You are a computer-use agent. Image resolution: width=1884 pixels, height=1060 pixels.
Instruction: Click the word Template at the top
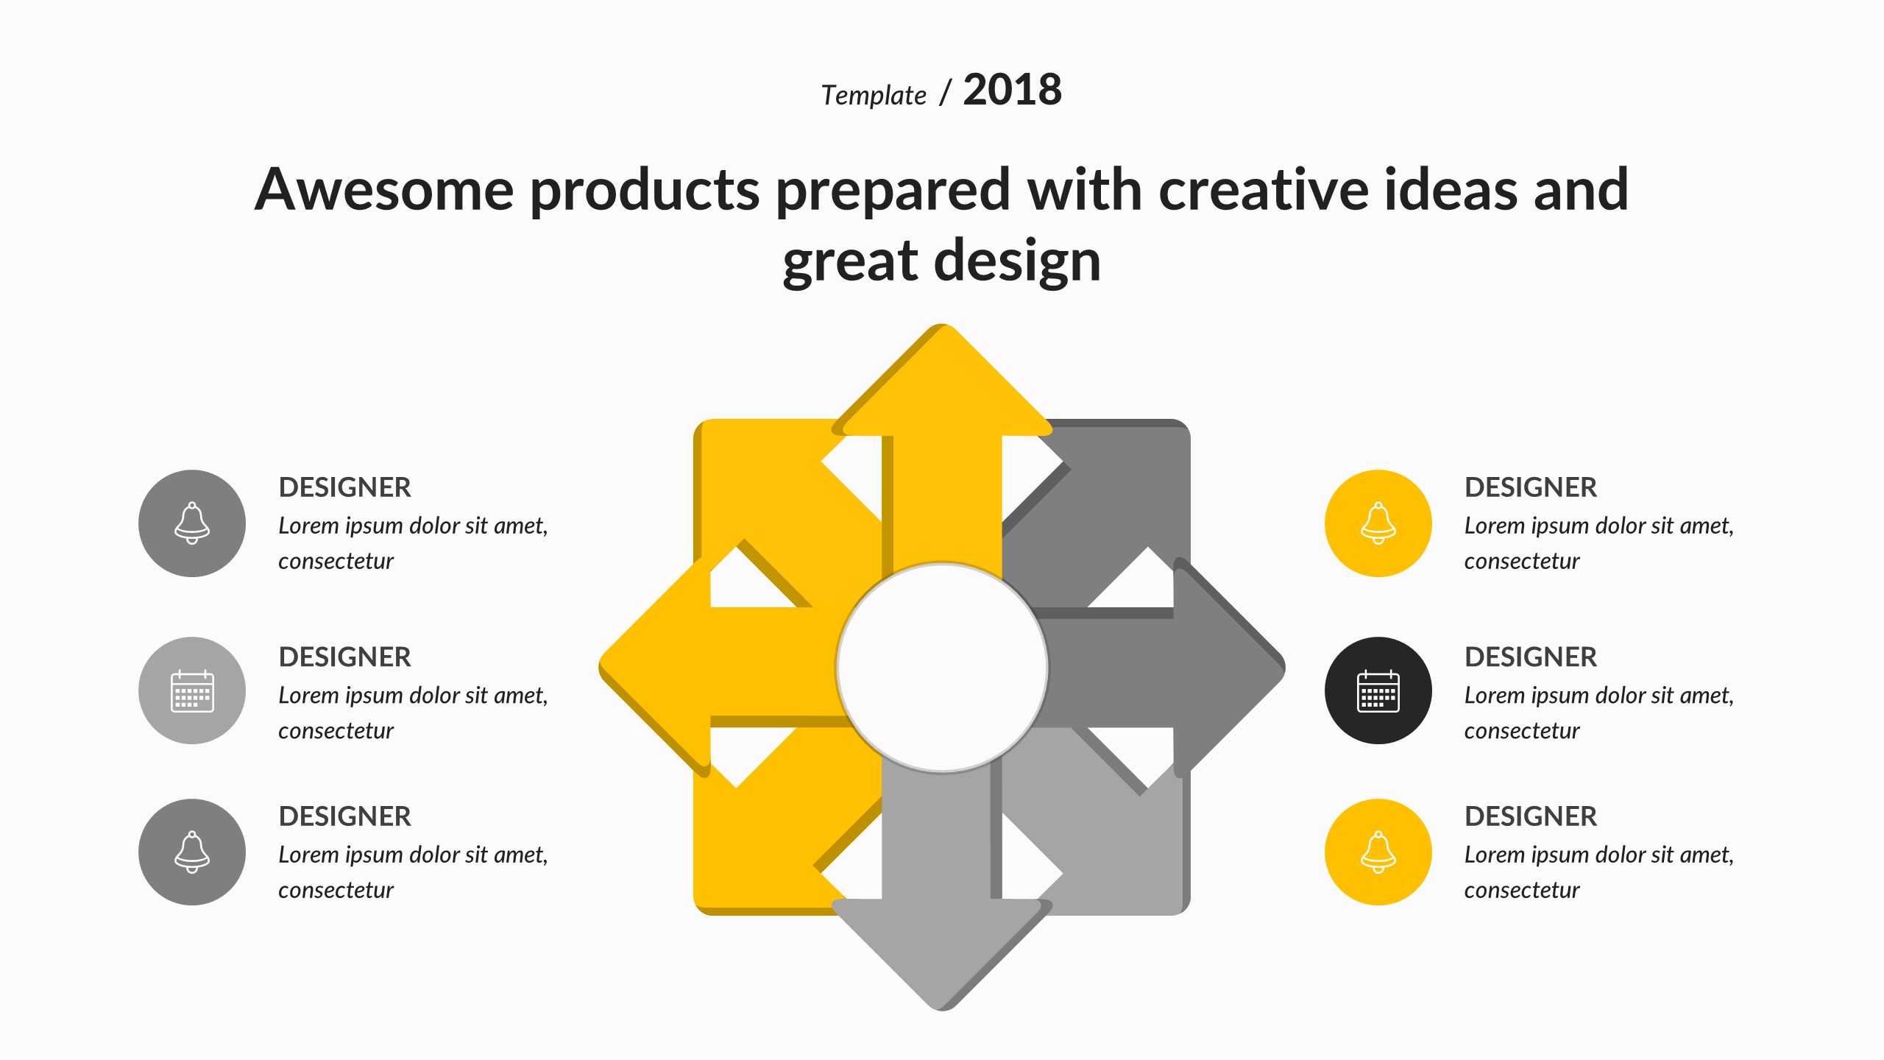[874, 96]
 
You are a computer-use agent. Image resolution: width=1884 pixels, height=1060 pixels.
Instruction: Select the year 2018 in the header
[1013, 90]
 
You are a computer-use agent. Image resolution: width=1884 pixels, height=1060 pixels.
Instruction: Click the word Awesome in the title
[384, 189]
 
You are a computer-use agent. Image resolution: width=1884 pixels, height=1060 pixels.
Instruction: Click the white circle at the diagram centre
[942, 668]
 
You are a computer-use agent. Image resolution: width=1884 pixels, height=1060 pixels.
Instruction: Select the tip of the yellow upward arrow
[942, 325]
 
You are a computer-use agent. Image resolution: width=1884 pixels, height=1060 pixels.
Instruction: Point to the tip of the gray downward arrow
[942, 1009]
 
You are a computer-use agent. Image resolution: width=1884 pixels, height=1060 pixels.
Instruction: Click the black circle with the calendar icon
[1378, 690]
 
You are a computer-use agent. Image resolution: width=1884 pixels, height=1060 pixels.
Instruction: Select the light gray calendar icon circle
[192, 690]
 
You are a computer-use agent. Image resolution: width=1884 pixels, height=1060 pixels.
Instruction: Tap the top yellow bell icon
[1378, 523]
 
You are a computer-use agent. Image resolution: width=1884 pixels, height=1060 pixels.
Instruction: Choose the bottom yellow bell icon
[1378, 852]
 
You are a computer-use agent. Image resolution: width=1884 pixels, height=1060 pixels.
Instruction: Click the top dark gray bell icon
[192, 523]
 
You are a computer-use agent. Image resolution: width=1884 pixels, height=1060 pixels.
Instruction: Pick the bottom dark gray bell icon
[192, 852]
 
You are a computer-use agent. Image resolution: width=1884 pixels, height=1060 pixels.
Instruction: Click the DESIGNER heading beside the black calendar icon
[1531, 657]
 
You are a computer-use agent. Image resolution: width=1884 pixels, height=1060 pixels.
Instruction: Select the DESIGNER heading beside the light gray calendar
[344, 657]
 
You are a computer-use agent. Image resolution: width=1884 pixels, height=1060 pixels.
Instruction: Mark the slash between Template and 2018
[946, 93]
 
